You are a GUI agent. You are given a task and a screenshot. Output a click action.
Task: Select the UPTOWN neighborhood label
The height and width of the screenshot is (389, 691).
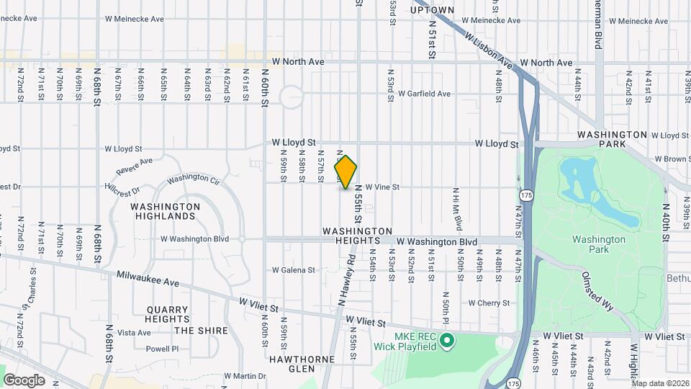click(432, 9)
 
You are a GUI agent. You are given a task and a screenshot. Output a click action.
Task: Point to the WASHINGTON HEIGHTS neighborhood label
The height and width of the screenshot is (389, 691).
click(357, 236)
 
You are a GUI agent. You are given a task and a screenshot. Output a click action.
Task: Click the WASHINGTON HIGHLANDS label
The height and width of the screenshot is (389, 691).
click(166, 211)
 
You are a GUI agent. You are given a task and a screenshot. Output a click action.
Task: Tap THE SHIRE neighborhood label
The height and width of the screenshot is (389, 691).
click(201, 331)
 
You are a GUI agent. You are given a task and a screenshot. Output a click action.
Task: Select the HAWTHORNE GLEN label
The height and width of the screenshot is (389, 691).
click(292, 364)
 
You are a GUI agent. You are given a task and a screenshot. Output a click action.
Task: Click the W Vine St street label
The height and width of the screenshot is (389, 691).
click(382, 187)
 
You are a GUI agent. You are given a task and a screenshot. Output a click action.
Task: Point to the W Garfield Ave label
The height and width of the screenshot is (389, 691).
click(425, 94)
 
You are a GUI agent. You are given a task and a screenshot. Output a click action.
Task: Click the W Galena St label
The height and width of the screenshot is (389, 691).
click(293, 270)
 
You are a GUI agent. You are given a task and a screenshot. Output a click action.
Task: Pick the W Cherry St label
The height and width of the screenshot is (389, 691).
click(489, 303)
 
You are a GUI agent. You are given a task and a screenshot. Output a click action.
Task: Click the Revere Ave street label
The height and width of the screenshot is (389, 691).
click(135, 166)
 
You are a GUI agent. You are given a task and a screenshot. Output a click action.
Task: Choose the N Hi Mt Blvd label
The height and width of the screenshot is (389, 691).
click(456, 204)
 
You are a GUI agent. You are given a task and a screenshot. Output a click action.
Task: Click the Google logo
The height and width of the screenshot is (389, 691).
click(24, 380)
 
